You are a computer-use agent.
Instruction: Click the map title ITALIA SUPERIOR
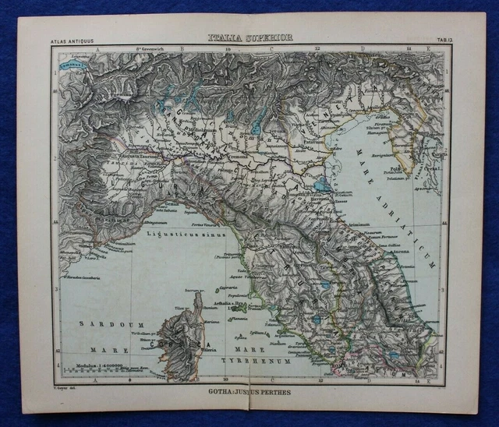pos(249,37)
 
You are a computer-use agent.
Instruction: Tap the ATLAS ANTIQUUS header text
pos(71,40)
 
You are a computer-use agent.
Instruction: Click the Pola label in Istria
pos(403,167)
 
